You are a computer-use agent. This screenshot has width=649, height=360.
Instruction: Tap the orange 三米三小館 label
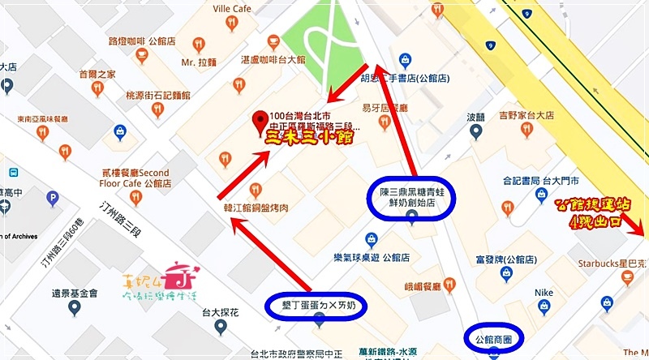tap(310, 139)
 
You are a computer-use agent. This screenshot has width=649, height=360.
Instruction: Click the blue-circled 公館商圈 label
tap(495, 336)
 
